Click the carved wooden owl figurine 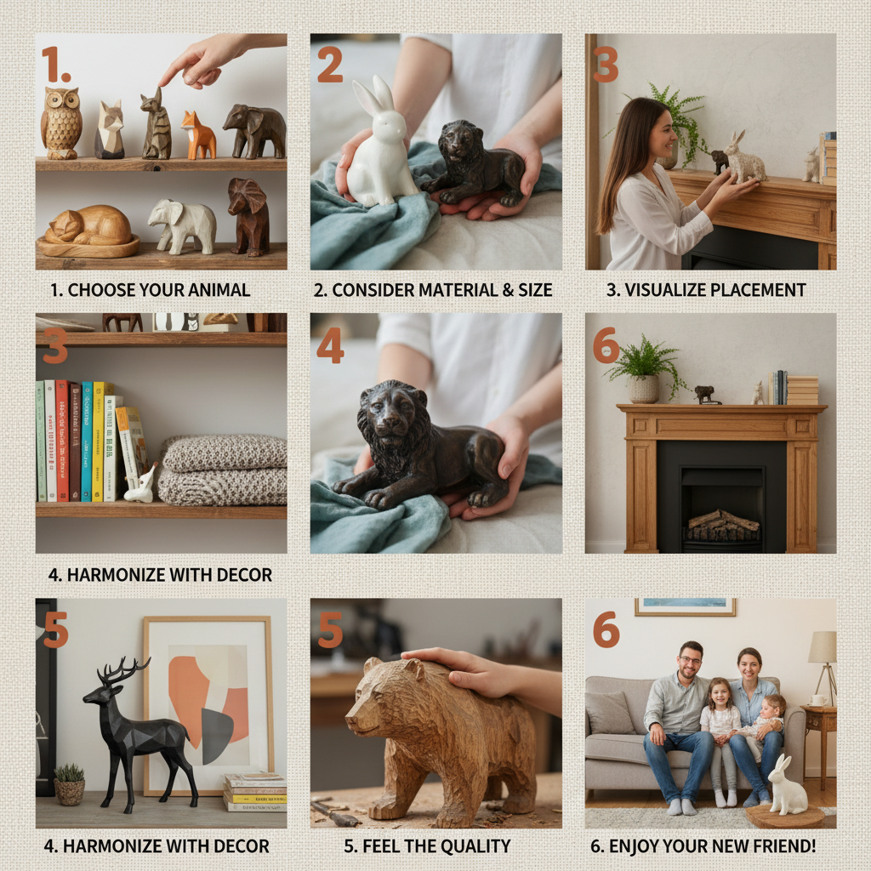tap(61, 122)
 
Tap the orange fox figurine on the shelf tap(197, 135)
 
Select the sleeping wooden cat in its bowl tap(88, 231)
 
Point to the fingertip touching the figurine tap(162, 84)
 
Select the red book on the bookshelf tap(61, 441)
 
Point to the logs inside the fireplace tap(722, 524)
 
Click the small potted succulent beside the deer tap(70, 784)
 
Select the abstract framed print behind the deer tap(208, 705)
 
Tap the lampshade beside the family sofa tap(823, 647)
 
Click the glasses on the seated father tap(690, 660)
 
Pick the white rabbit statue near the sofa tap(787, 785)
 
